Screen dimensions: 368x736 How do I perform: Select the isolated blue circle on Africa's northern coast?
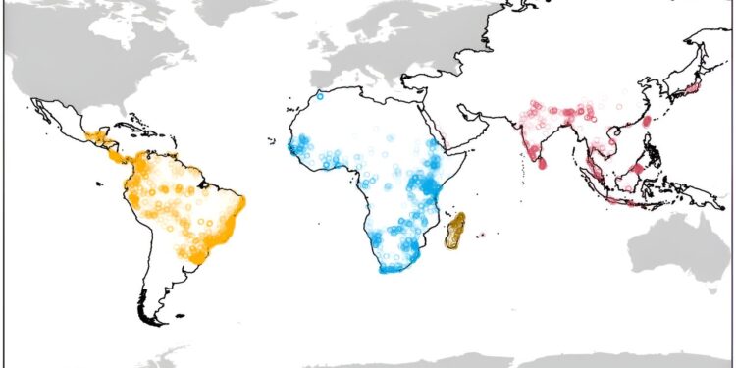(319, 96)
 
